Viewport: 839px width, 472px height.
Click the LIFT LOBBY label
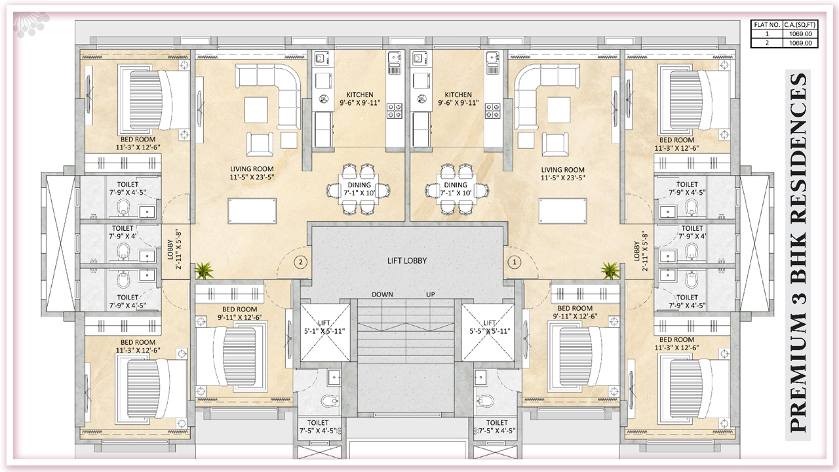[407, 261]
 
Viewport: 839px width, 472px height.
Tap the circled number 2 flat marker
[300, 262]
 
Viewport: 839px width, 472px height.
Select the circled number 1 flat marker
[515, 262]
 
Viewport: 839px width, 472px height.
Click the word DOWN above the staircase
[382, 294]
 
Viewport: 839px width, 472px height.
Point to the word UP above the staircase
[431, 294]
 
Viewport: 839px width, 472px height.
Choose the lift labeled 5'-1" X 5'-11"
[325, 332]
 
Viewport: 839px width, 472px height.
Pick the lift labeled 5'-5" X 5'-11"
[488, 332]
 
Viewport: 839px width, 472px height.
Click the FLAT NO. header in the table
[767, 25]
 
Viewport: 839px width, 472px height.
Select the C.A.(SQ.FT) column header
[800, 25]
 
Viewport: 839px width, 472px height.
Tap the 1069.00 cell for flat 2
[800, 43]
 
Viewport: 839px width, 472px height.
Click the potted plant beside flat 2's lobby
[204, 271]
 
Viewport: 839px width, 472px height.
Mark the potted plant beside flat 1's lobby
[610, 271]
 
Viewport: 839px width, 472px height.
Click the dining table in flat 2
[358, 189]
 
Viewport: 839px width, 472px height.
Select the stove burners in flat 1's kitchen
[492, 111]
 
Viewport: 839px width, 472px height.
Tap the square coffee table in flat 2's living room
[256, 109]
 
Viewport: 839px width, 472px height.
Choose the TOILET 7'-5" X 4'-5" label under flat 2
[318, 427]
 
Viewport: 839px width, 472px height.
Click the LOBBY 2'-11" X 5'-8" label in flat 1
[640, 250]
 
